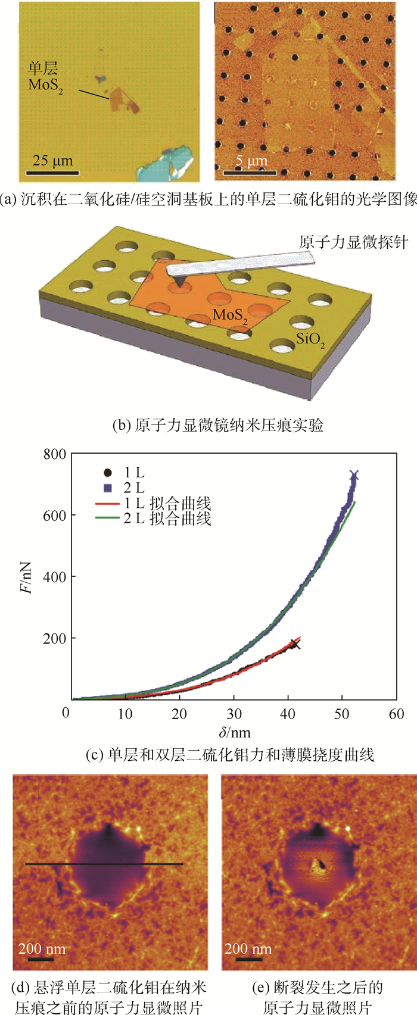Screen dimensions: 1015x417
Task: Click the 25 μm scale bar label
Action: coord(52,161)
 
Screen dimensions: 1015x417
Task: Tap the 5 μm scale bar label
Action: coord(251,161)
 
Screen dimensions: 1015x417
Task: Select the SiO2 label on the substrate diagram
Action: coord(311,340)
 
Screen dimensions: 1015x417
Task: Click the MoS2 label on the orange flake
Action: coord(231,316)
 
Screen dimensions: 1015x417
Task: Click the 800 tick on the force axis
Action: coord(54,455)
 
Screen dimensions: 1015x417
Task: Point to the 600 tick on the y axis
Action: coord(54,516)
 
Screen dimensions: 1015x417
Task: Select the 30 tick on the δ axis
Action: coord(234,714)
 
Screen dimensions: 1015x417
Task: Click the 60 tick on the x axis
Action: coord(396,714)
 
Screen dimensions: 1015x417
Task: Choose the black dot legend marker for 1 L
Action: coord(107,473)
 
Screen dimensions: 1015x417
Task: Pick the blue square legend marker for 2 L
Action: coord(107,488)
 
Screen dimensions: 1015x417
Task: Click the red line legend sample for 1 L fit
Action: coord(107,504)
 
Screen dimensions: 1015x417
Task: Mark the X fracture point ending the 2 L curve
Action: coord(354,475)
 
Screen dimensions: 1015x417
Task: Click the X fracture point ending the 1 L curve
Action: coord(294,644)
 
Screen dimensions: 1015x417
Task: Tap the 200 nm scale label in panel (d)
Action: coord(42,948)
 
